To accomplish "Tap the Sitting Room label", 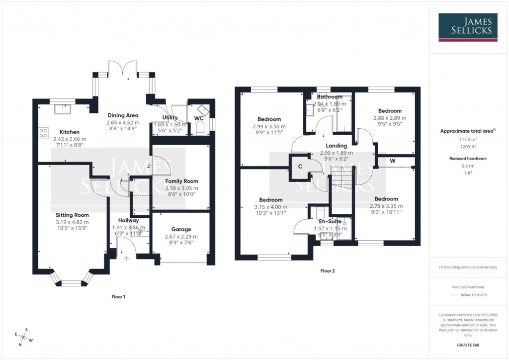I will [x=72, y=215].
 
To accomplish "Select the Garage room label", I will [x=181, y=229].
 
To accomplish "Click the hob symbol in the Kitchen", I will [x=43, y=133].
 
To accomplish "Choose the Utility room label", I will [x=170, y=117].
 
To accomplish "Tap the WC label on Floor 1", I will [x=198, y=118].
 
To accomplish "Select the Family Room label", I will [x=181, y=181].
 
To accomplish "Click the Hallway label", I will [x=128, y=220].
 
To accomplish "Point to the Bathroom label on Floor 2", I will [x=329, y=96].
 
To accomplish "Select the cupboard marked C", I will [x=300, y=166].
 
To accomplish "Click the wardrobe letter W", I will [x=392, y=161].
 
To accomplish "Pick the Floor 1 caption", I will [x=118, y=297].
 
